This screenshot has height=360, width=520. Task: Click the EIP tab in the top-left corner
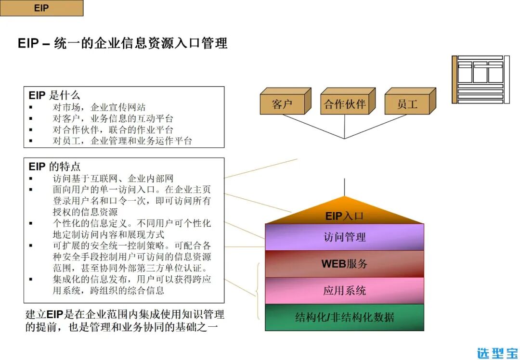pyautogui.click(x=41, y=8)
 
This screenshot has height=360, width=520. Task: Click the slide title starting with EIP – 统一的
pyautogui.click(x=122, y=43)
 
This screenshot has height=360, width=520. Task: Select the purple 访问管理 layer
pyautogui.click(x=344, y=237)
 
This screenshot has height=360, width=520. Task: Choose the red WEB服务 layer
pyautogui.click(x=344, y=264)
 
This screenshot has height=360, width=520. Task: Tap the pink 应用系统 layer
pyautogui.click(x=344, y=291)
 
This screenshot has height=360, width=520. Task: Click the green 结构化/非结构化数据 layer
pyautogui.click(x=344, y=317)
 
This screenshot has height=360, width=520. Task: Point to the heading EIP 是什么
pyautogui.click(x=54, y=95)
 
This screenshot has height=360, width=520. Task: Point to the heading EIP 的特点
pyautogui.click(x=54, y=167)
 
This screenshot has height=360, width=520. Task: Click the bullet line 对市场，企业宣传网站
pyautogui.click(x=99, y=107)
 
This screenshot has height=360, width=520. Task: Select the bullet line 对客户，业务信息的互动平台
pyautogui.click(x=113, y=118)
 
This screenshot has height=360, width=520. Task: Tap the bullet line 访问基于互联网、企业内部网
pyautogui.click(x=113, y=179)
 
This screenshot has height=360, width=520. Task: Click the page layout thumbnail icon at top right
pyautogui.click(x=480, y=79)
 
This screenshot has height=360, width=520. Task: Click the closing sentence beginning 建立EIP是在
pyautogui.click(x=124, y=321)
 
